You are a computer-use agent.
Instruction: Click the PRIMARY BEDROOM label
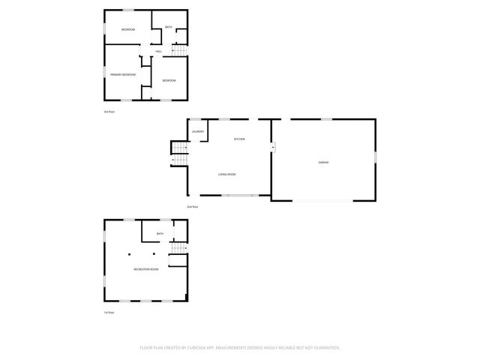[123, 74]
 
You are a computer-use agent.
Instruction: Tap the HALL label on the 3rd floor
[159, 51]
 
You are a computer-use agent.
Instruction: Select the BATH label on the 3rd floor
[169, 27]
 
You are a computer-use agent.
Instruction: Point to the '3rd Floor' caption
[109, 112]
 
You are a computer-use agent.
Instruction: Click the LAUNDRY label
[198, 132]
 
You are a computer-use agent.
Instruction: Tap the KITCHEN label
[239, 139]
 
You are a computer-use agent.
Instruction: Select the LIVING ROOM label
[227, 175]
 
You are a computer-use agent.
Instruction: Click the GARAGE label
[323, 162]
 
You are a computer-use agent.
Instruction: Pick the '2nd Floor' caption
[192, 206]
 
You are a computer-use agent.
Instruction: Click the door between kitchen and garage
[273, 148]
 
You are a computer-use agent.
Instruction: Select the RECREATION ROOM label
[146, 268]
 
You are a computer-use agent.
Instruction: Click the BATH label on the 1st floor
[160, 234]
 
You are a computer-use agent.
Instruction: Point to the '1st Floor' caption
[109, 312]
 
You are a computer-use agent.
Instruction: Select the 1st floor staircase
[178, 249]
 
